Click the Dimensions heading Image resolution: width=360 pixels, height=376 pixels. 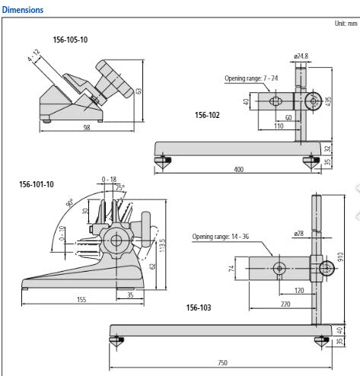point(23,10)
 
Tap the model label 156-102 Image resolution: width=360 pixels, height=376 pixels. point(208,115)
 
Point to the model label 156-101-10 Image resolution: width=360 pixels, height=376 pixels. point(37,184)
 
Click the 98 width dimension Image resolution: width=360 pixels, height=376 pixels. point(86,127)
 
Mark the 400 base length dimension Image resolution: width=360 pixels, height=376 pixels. point(238,169)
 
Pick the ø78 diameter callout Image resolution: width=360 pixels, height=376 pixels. point(298,233)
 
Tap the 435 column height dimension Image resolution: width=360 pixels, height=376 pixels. point(328,102)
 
